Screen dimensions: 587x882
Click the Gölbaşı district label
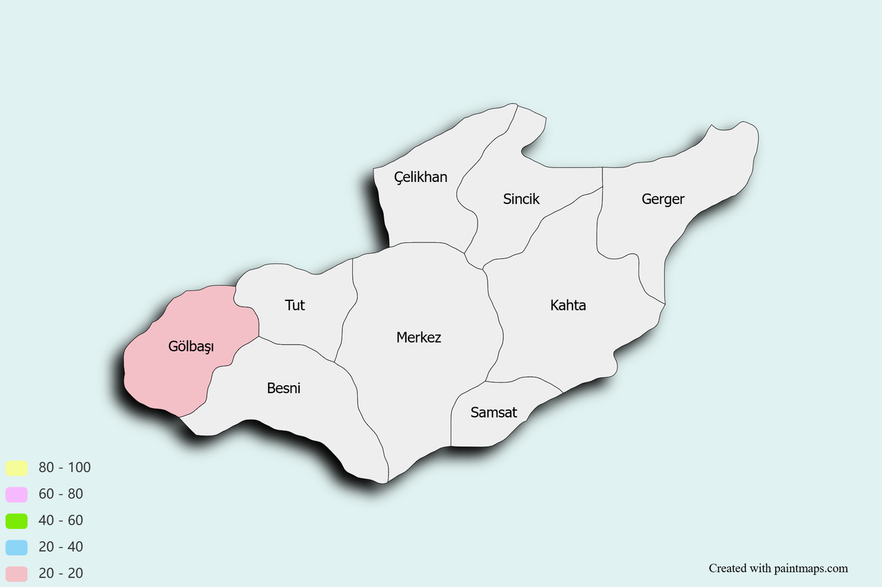[191, 347]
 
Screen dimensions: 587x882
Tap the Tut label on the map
[295, 305]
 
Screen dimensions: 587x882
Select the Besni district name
[284, 389]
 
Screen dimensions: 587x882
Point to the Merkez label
[419, 338]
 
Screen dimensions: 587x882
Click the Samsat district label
[493, 413]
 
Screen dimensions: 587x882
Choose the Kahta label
[568, 305]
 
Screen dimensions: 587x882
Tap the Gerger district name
[663, 199]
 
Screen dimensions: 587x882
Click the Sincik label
[521, 199]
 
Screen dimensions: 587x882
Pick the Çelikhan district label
[420, 177]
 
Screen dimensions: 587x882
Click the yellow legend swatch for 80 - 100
[17, 468]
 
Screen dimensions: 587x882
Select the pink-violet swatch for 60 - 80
[17, 495]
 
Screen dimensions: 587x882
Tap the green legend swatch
[17, 521]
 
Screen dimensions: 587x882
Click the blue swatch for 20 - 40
[17, 548]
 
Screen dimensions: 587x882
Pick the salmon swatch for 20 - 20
[17, 574]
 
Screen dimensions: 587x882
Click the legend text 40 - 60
[61, 520]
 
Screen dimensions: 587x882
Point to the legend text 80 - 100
[65, 467]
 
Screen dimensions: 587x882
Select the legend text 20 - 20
[61, 573]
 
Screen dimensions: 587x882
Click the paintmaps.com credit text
[778, 568]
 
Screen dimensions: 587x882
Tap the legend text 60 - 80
[61, 494]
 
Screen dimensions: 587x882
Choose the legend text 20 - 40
[61, 547]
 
